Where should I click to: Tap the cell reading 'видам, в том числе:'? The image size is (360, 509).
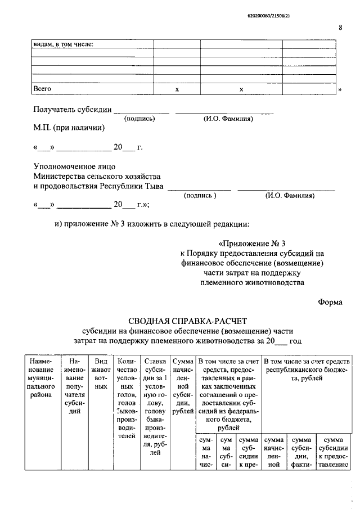point(64,44)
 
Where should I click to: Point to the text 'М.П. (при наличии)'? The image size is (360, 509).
point(69,128)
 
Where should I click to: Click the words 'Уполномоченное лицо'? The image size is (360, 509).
point(74,166)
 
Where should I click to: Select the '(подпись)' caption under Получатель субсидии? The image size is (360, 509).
point(139,119)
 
